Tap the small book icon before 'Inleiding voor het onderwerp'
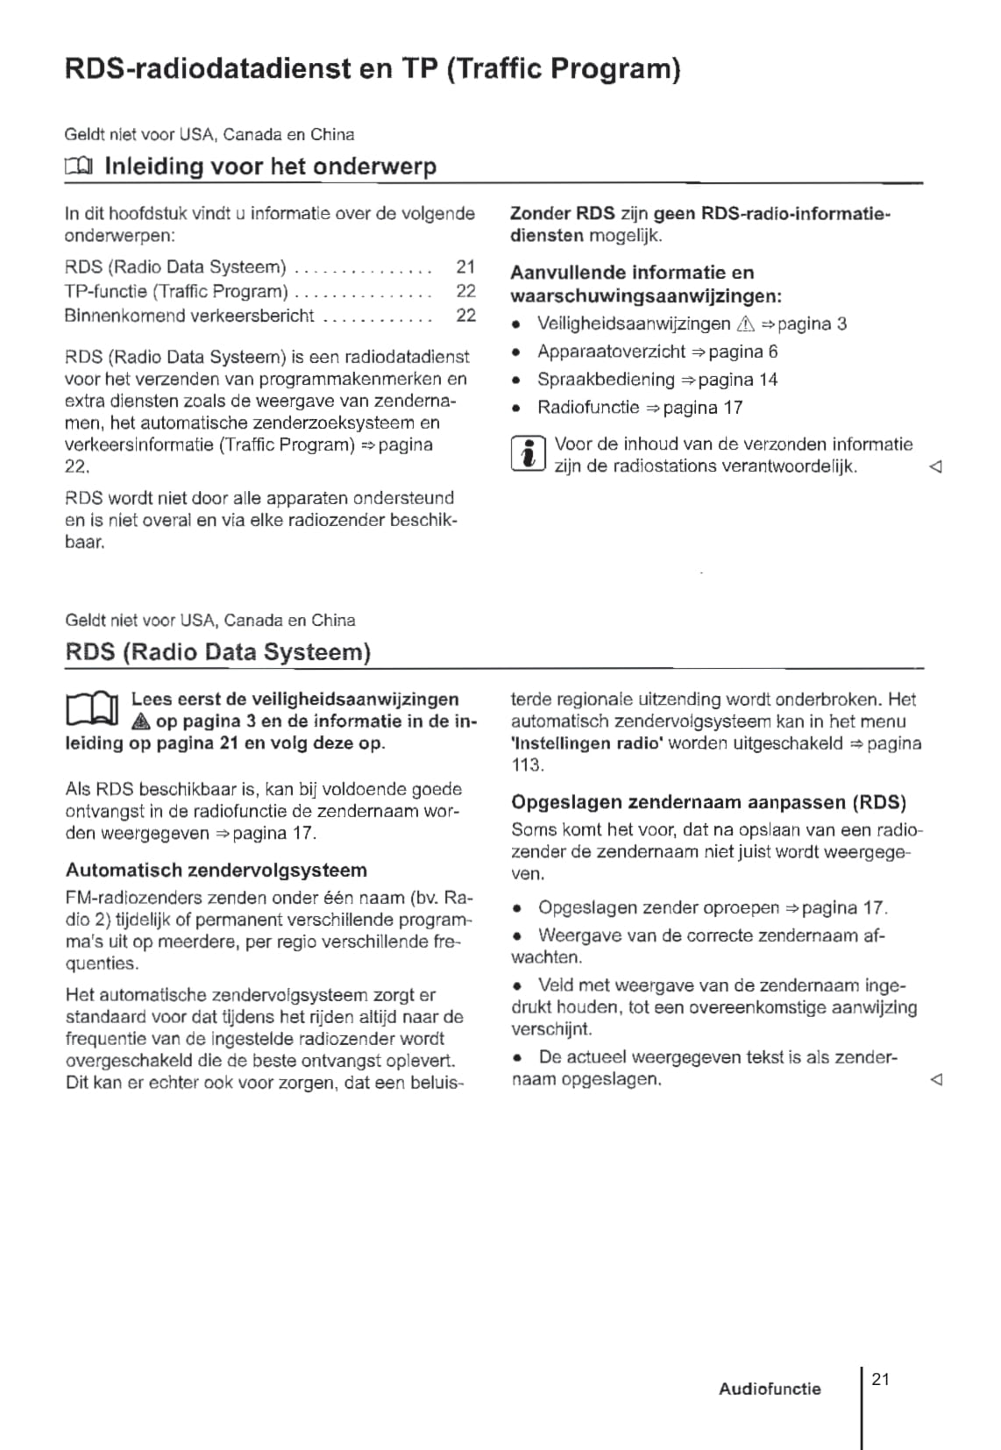[x=78, y=166]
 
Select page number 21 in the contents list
[x=465, y=267]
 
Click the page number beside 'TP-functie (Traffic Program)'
[x=465, y=291]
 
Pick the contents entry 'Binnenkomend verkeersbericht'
[x=189, y=316]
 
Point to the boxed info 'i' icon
[x=528, y=455]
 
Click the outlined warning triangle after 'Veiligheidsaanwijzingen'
[x=746, y=324]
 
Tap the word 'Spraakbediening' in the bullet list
[x=606, y=380]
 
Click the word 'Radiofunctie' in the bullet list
[x=588, y=408]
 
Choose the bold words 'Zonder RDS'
[x=562, y=213]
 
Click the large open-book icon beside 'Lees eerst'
[x=91, y=709]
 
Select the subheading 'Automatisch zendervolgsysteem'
[x=217, y=871]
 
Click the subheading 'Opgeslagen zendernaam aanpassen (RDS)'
[x=708, y=802]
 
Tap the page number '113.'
[x=528, y=765]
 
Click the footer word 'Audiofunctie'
[x=770, y=1389]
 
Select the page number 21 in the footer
[x=881, y=1379]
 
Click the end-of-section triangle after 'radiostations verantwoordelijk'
[x=935, y=467]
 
